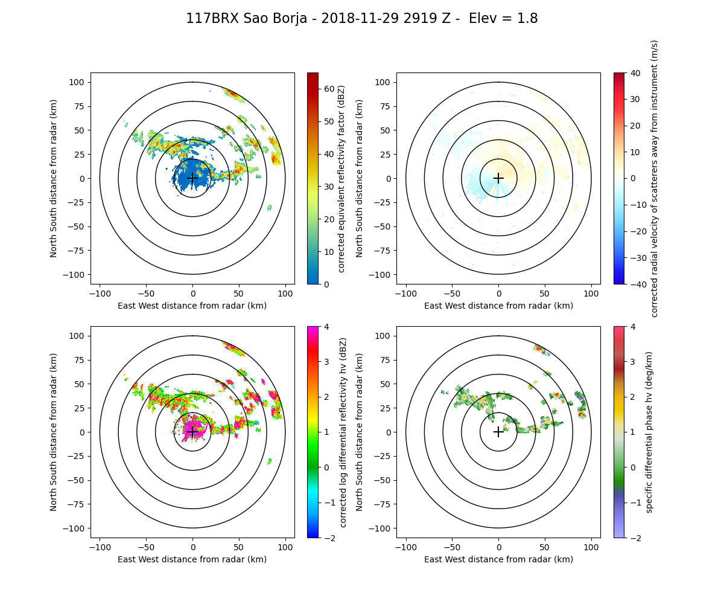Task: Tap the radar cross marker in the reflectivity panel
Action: (192, 178)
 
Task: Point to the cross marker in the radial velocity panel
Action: (498, 178)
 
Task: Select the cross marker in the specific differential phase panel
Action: (498, 432)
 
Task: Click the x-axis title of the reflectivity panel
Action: (192, 306)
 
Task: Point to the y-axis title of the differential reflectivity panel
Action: (54, 432)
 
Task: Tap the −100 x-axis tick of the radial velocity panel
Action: (406, 293)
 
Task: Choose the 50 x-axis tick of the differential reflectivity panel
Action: (239, 547)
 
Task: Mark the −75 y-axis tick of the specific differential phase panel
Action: (384, 504)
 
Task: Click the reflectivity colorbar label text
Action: (341, 178)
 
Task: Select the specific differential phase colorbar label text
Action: (649, 432)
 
